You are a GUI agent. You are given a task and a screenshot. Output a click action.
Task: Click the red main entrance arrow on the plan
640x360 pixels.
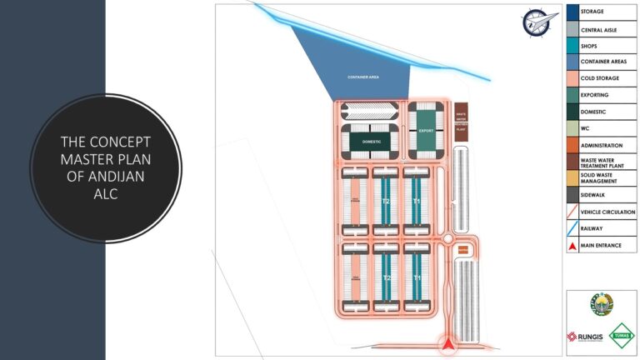pos(448,342)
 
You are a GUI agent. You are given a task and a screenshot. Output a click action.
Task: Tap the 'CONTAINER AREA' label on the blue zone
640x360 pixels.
pos(363,77)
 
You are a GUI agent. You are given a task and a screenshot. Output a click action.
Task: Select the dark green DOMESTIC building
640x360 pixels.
pos(372,142)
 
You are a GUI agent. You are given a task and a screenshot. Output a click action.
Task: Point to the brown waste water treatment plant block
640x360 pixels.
pos(462,122)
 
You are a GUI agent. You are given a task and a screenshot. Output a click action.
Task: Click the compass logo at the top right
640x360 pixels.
pos(534,22)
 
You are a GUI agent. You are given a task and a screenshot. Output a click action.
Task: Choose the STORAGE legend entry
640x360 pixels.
pos(592,12)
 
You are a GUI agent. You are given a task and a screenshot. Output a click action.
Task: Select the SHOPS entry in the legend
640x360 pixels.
pos(589,47)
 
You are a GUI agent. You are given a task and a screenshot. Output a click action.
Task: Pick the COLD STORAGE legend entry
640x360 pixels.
pos(598,79)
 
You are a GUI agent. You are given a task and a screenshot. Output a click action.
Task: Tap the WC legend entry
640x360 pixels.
pos(585,128)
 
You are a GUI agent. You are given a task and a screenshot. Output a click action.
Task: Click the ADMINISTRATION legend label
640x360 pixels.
pos(602,145)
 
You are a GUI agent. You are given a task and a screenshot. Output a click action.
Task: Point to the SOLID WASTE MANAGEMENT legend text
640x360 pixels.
pos(600,177)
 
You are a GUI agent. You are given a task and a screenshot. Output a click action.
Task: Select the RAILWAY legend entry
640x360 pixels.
pos(592,229)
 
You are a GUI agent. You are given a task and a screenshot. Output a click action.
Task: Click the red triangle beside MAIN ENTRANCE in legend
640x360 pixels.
pos(572,246)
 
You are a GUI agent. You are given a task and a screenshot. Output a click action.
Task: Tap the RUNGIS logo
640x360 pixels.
pos(586,337)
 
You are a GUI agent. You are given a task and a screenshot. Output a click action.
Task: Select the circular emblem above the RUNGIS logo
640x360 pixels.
pos(600,305)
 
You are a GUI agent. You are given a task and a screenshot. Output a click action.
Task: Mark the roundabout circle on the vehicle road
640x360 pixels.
pos(448,239)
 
